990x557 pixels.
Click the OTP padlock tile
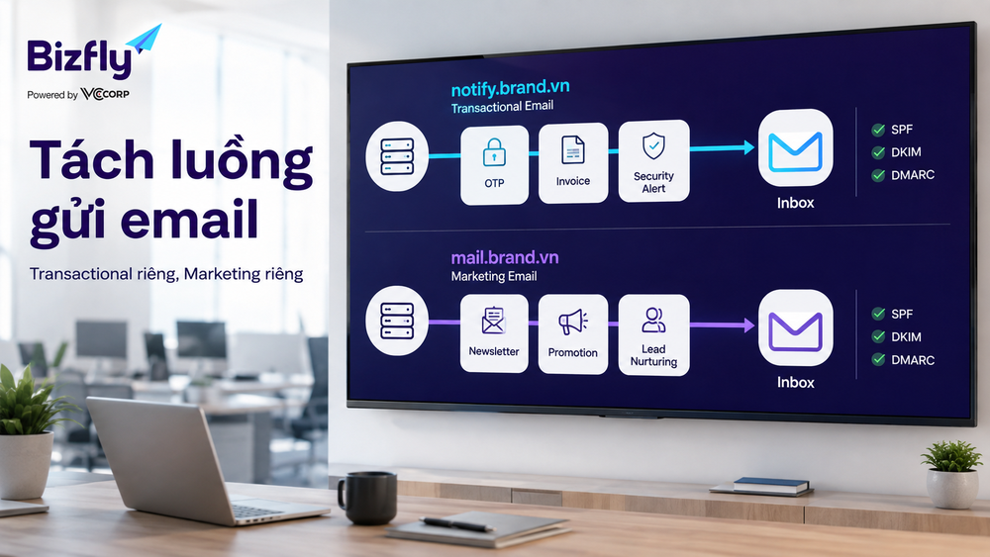494,164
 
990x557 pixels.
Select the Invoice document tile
573,163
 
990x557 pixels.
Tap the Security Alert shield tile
653,161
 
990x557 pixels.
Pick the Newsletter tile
494,333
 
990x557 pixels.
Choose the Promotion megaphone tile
572,334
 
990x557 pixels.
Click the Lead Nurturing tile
653,335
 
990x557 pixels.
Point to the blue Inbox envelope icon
796,147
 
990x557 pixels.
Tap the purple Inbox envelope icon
796,328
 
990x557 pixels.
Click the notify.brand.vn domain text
510,88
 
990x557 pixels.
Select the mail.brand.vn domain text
505,257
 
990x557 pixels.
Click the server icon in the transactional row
397,155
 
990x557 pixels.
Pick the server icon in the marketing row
397,321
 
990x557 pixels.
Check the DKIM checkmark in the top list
878,152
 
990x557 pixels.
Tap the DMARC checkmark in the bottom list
878,359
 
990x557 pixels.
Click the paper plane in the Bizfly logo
144,41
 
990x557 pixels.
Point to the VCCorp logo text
105,94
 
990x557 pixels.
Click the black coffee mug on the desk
367,498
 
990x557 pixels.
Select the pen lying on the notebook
457,523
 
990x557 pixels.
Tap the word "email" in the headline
189,219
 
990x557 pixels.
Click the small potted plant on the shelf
951,474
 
